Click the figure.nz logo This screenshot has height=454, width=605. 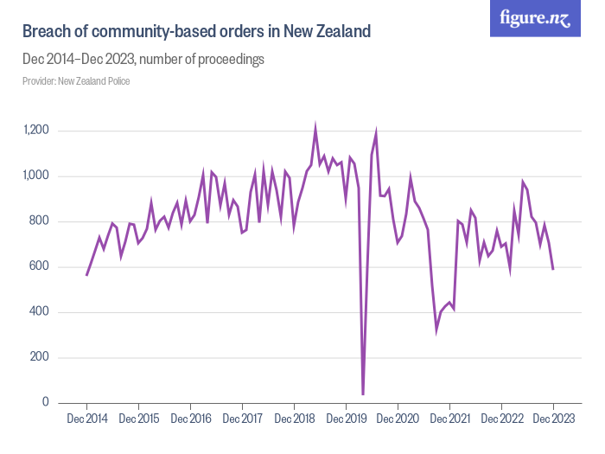[x=535, y=18]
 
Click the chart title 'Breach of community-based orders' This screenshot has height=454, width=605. [x=196, y=32]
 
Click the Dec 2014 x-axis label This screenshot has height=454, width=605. [x=86, y=419]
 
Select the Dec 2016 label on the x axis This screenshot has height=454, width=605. [x=190, y=419]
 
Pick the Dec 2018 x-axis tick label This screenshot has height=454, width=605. [x=294, y=419]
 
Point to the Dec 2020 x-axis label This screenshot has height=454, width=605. [x=398, y=419]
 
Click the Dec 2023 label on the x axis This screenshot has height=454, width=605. [x=553, y=419]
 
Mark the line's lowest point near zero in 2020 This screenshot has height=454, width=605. [x=363, y=394]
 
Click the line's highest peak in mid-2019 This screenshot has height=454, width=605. [x=315, y=128]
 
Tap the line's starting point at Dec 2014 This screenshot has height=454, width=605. [x=86, y=275]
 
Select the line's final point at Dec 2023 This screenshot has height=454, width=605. [x=553, y=269]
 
